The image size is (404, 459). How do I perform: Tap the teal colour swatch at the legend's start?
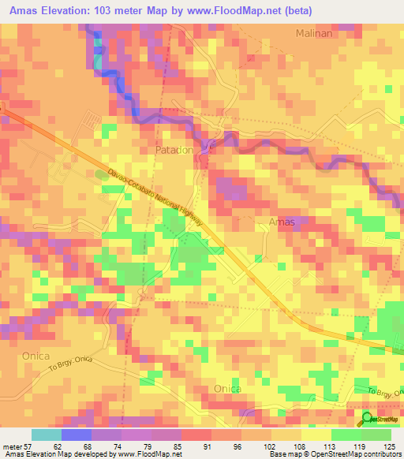click(x=46, y=435)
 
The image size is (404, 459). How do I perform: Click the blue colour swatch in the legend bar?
click(x=76, y=435)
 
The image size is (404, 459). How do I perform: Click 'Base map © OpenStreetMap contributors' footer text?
click(x=332, y=454)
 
